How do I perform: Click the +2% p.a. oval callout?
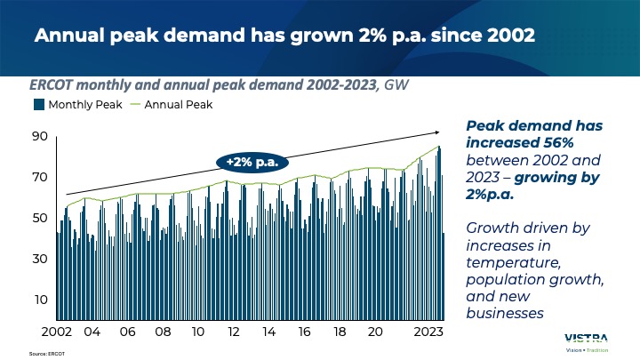(x=252, y=162)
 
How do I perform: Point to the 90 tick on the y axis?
(x=40, y=136)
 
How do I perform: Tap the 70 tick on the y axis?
(x=40, y=177)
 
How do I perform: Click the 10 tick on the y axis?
(x=40, y=300)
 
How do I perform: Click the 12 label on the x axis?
(x=233, y=331)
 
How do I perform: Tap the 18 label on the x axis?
(x=340, y=331)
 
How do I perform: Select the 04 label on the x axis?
(x=91, y=331)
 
